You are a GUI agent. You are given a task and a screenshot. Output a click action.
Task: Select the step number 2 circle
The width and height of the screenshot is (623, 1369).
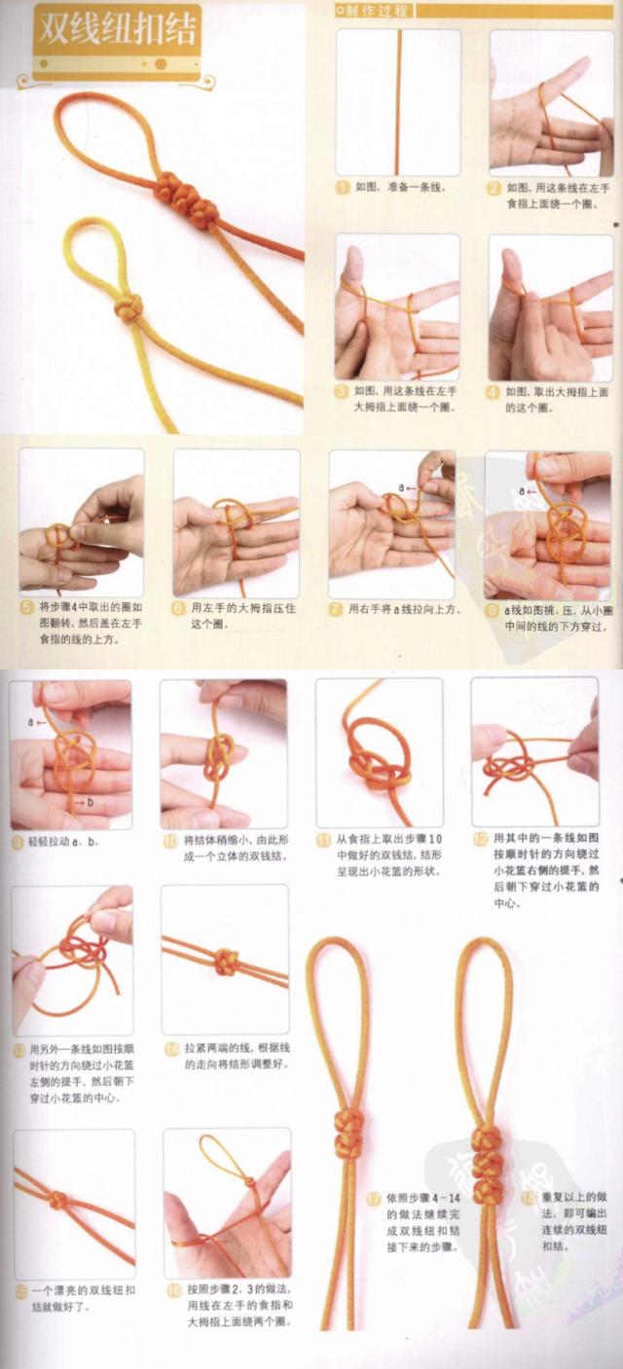click(x=495, y=187)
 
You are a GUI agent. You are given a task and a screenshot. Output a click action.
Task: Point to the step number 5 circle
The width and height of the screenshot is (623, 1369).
click(x=26, y=604)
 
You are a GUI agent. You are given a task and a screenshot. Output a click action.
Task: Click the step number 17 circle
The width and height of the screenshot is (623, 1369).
click(x=375, y=1199)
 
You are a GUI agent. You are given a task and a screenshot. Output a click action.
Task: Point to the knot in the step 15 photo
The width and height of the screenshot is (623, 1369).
click(x=59, y=1200)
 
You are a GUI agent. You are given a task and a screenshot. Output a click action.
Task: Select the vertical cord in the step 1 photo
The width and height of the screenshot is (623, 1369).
click(x=397, y=102)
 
